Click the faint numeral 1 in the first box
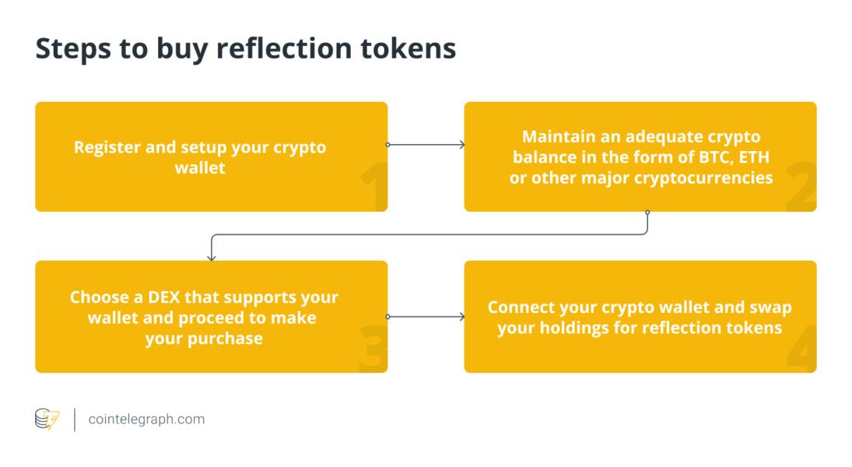click(373, 190)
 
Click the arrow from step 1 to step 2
click(426, 145)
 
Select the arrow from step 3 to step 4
click(426, 317)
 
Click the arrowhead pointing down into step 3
click(211, 256)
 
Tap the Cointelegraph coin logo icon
click(47, 420)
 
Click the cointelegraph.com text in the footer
click(146, 420)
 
